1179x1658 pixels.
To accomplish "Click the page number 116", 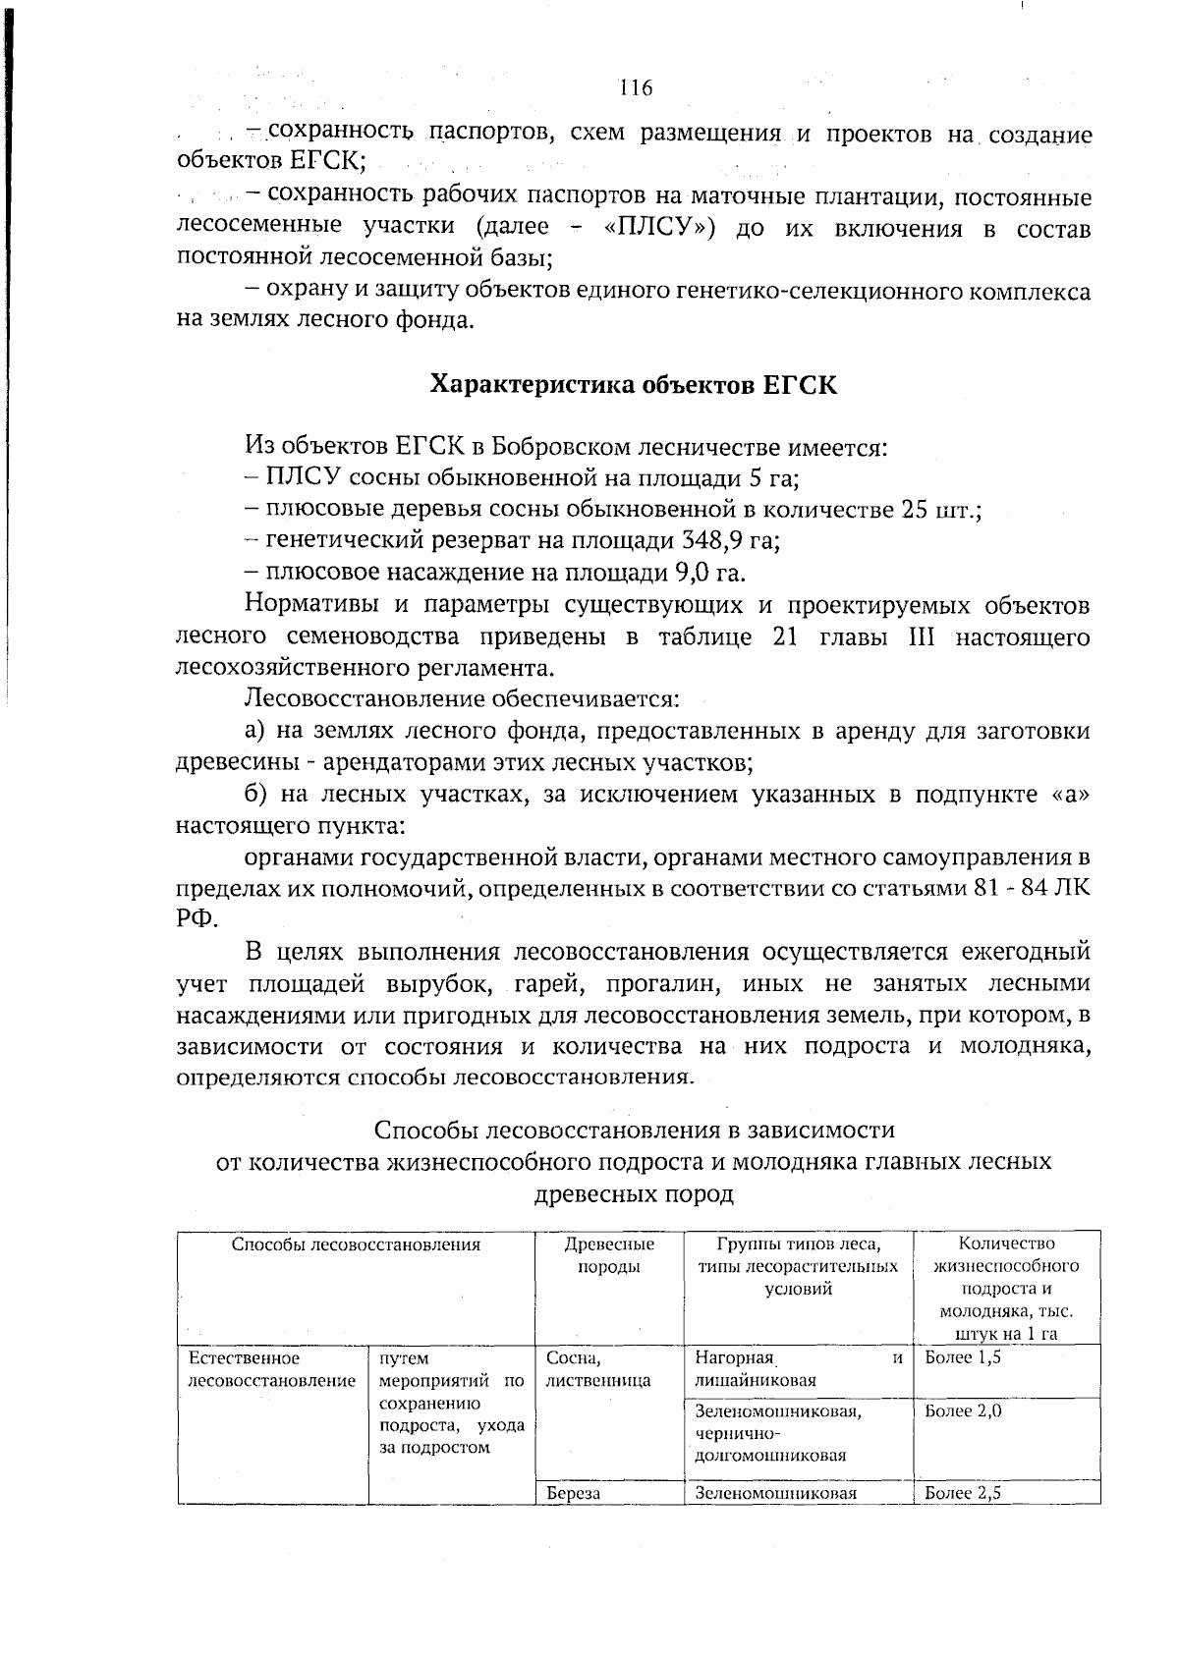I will (636, 88).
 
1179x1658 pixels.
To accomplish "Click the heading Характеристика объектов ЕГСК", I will (634, 384).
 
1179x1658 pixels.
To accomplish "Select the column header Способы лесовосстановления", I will (356, 1245).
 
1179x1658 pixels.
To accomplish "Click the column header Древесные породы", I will (608, 1255).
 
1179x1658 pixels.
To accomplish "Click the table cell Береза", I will (573, 1493).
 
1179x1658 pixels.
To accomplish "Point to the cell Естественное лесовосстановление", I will (271, 1369).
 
